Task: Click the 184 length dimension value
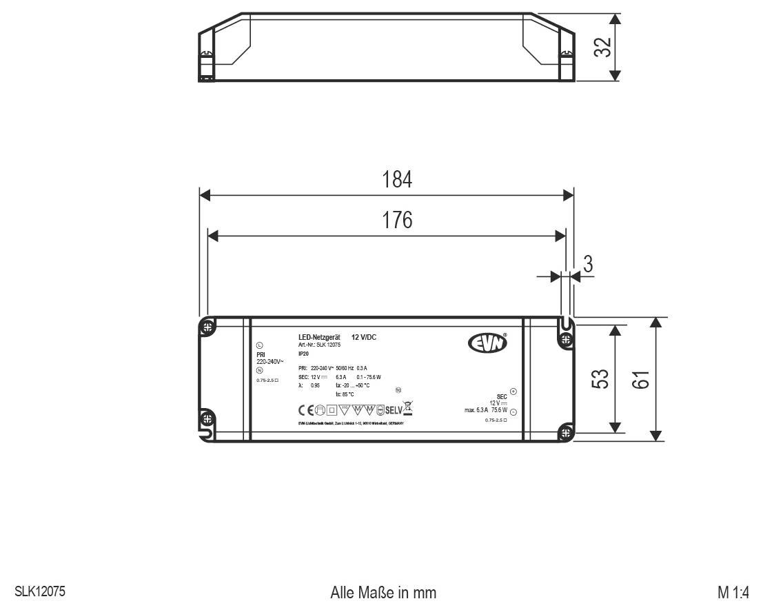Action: click(397, 181)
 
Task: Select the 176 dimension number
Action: click(397, 221)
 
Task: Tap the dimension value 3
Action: click(587, 264)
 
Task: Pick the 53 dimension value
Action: click(601, 380)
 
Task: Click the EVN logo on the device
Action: click(487, 343)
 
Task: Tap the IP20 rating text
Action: click(304, 353)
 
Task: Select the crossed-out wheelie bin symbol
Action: click(407, 408)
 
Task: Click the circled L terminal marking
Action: click(259, 345)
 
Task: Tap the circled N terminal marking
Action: click(259, 370)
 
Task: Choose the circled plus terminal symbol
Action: click(513, 391)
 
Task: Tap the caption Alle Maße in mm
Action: click(383, 593)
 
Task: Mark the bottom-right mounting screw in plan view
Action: click(566, 433)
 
